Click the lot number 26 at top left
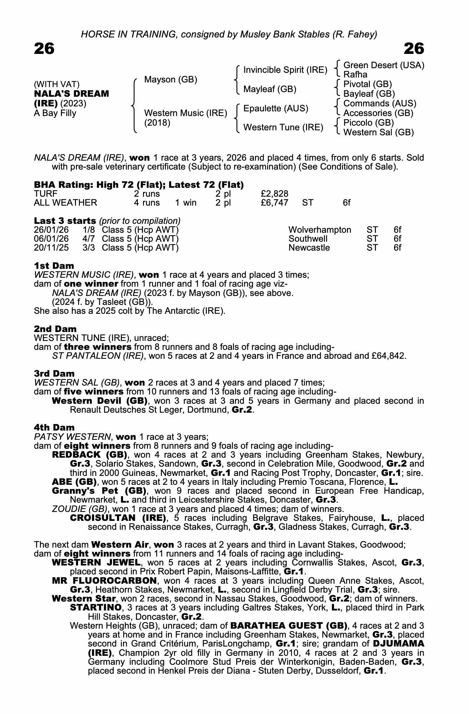click(44, 49)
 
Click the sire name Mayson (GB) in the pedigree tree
click(170, 80)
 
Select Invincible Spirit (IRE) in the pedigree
click(285, 70)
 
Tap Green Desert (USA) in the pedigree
click(383, 65)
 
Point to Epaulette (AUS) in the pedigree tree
click(276, 109)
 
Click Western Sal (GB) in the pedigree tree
click(378, 132)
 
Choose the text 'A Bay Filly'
click(55, 114)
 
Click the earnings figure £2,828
click(274, 194)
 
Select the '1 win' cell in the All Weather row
click(185, 203)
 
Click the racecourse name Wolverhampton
click(320, 230)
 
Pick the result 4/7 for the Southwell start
click(89, 239)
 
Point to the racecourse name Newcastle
click(309, 248)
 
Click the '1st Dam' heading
click(54, 266)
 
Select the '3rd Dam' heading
click(54, 373)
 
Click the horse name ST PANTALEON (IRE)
click(98, 356)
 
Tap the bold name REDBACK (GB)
click(90, 455)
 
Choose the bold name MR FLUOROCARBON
click(104, 580)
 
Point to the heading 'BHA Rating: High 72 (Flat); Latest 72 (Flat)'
click(139, 185)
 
